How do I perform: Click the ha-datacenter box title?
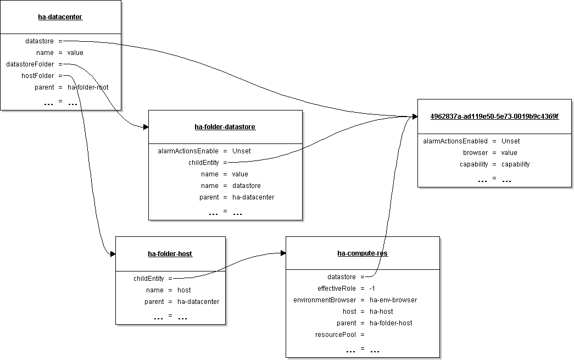tap(60, 17)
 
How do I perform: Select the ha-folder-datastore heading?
tap(225, 127)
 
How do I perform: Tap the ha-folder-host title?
tap(170, 254)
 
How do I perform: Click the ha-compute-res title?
tap(363, 253)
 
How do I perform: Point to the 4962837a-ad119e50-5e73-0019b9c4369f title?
tap(494, 117)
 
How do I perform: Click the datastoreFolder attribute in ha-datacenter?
tap(30, 64)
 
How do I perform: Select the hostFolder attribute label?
tap(38, 76)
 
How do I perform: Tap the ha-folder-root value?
tap(88, 87)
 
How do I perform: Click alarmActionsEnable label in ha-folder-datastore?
tap(188, 151)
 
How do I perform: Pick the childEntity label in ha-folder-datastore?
tap(204, 163)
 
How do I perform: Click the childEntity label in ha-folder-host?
tap(149, 279)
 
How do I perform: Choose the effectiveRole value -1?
tap(372, 289)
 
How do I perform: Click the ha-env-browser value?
tap(393, 300)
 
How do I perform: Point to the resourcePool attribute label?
tap(335, 335)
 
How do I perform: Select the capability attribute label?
tap(473, 164)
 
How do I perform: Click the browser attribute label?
tap(475, 153)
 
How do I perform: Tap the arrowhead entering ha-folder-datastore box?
tap(146, 127)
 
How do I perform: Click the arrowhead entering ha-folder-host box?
tap(113, 254)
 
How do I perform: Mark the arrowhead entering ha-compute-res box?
tap(283, 253)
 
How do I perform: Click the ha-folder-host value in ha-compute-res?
tap(391, 323)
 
